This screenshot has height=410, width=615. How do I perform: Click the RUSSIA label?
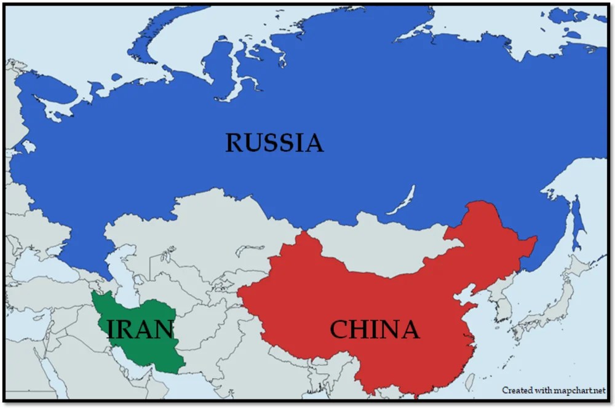tap(274, 143)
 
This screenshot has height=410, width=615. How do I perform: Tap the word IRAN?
tap(140, 329)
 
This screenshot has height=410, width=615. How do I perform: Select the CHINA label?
tap(375, 330)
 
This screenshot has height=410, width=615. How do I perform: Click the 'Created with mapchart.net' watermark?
tap(553, 390)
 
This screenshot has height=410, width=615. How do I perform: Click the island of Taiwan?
tap(470, 381)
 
